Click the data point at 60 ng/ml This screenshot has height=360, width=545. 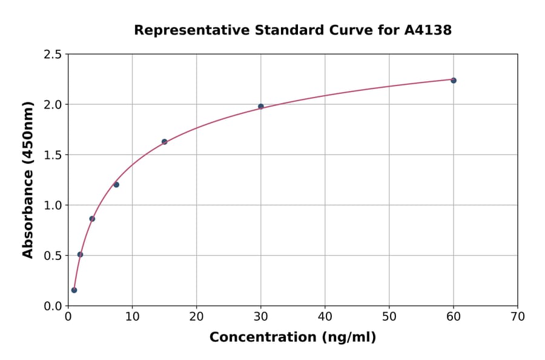pyautogui.click(x=454, y=81)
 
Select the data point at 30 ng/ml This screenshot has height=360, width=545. pyautogui.click(x=261, y=107)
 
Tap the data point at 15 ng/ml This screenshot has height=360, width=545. pyautogui.click(x=164, y=142)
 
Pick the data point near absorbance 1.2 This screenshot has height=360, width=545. pyautogui.click(x=116, y=185)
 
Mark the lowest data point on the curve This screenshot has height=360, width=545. pyautogui.click(x=74, y=290)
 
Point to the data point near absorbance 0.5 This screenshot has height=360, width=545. pyautogui.click(x=80, y=255)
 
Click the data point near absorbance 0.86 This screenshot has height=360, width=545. pyautogui.click(x=92, y=219)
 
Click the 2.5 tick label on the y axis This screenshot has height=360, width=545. pyautogui.click(x=53, y=55)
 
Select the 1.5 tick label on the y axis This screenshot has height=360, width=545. pyautogui.click(x=53, y=155)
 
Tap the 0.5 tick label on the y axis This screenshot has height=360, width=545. pyautogui.click(x=53, y=256)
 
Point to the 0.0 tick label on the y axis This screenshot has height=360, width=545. pyautogui.click(x=53, y=306)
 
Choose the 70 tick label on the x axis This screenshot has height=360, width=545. pyautogui.click(x=517, y=316)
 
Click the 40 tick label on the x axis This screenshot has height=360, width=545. pyautogui.click(x=325, y=316)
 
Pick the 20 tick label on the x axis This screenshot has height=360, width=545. pyautogui.click(x=196, y=316)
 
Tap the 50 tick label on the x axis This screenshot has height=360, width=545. pyautogui.click(x=389, y=316)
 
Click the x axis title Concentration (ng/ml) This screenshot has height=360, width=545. pyautogui.click(x=292, y=338)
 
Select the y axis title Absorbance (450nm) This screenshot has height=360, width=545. pyautogui.click(x=28, y=180)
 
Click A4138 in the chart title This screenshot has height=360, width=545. pyautogui.click(x=428, y=30)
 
